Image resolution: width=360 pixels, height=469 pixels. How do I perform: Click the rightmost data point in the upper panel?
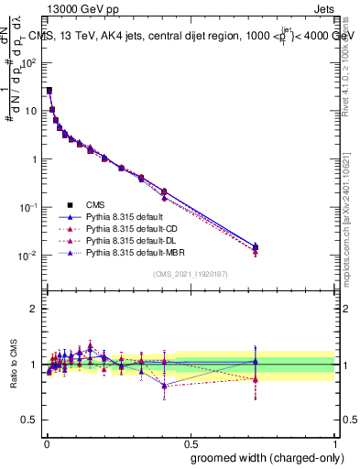pos(256,246)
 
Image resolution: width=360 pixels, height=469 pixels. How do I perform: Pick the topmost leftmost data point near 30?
pos(49,91)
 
